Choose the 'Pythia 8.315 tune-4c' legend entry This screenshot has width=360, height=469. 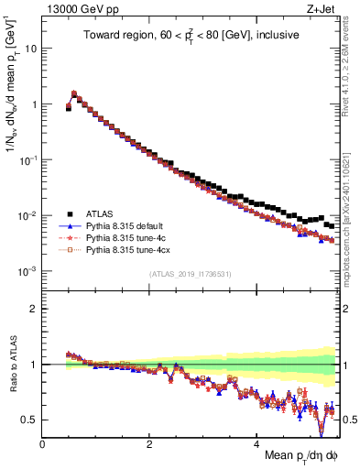tap(123, 237)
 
